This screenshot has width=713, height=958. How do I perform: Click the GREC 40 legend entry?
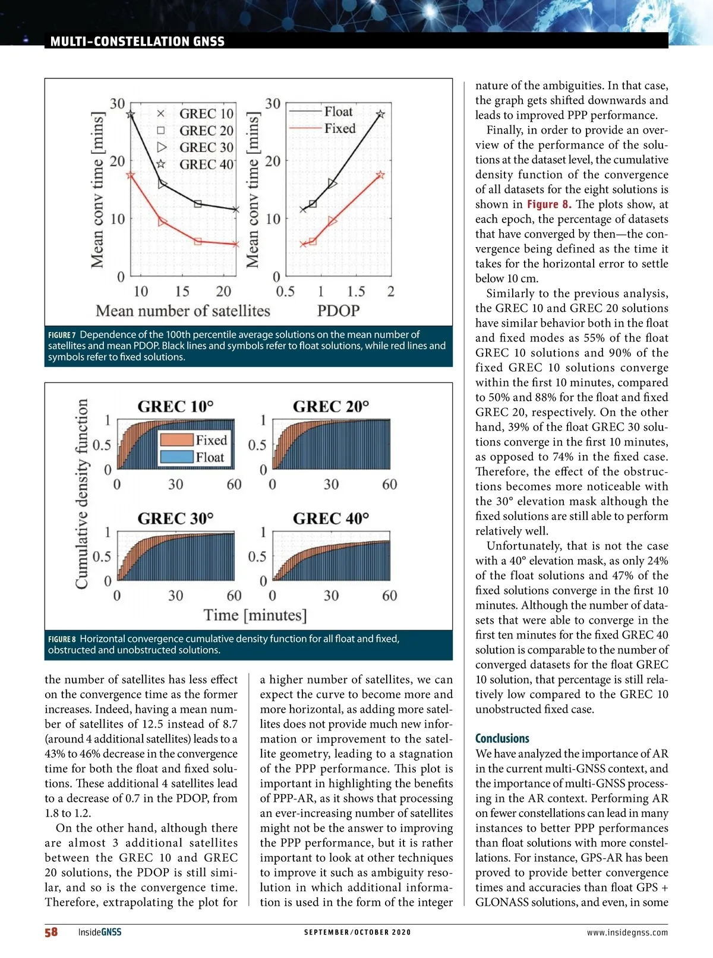206,164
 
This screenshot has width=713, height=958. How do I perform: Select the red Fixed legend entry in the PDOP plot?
339,128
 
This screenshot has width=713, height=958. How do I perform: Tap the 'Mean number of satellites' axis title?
183,311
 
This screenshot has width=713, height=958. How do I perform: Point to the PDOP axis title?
338,311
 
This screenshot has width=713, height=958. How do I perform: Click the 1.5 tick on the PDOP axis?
356,292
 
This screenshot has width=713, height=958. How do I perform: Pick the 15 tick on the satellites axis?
182,292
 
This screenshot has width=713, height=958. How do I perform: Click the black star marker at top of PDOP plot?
380,114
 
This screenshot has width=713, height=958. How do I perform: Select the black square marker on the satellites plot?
198,204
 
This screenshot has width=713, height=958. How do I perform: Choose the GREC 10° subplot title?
175,406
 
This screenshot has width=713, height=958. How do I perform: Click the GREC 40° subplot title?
331,518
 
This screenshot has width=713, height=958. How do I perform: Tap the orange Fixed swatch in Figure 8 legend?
176,440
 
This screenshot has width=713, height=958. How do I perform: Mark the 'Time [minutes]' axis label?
255,615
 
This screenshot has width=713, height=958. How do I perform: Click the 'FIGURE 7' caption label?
62,336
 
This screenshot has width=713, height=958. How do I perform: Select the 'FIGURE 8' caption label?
62,640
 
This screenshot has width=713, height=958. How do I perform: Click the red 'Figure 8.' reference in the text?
548,204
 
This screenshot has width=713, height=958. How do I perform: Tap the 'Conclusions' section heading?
502,738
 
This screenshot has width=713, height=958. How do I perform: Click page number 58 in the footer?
51,932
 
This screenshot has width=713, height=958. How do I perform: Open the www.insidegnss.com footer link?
627,932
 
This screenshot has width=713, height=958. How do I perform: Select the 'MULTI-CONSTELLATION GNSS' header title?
137,42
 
